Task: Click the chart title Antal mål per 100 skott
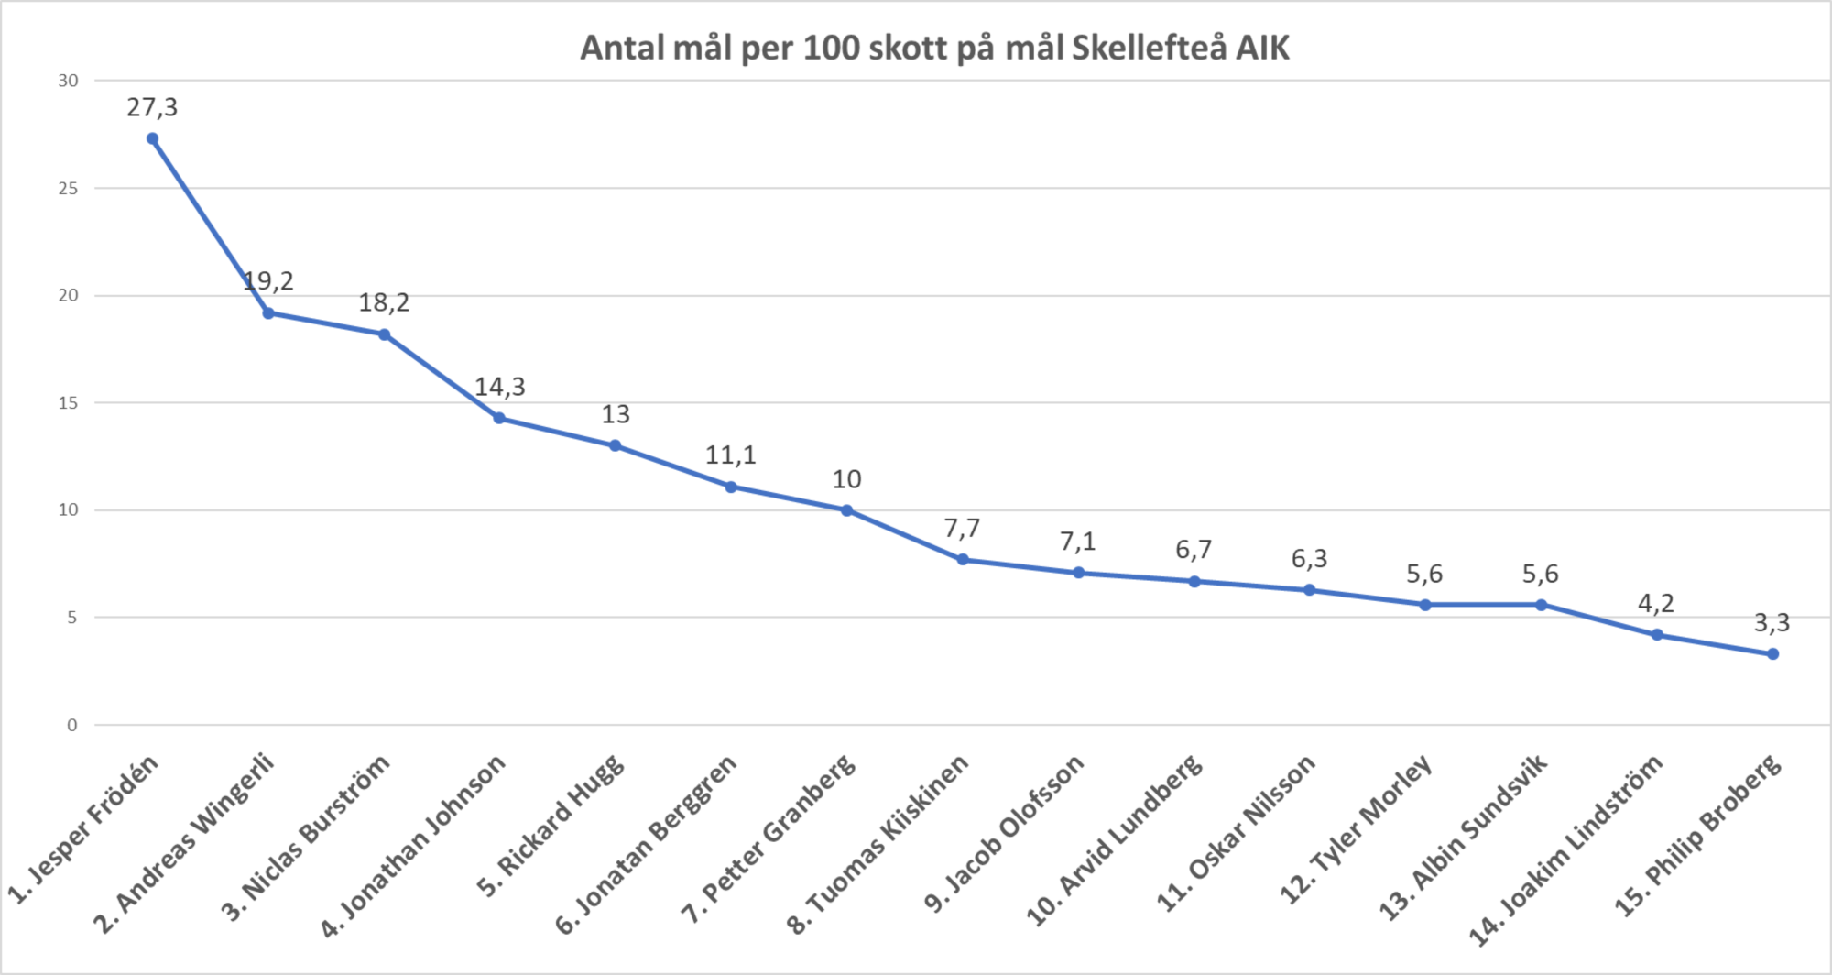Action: (934, 48)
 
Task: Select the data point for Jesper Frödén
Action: (152, 138)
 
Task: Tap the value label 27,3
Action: (152, 108)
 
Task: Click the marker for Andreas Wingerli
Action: (268, 312)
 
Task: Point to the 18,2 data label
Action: (384, 302)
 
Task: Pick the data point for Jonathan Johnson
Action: (499, 418)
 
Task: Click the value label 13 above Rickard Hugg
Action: (616, 414)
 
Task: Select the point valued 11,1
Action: (731, 487)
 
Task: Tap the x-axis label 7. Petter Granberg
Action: (769, 838)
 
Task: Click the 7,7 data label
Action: (962, 528)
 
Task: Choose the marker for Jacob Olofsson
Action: (1078, 573)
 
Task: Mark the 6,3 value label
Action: (1309, 558)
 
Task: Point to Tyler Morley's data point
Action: (1425, 605)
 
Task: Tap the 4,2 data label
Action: (1656, 603)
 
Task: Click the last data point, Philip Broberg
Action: (1772, 653)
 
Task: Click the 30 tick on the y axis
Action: (69, 81)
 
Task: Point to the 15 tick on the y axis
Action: (69, 403)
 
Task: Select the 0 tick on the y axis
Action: (72, 725)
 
